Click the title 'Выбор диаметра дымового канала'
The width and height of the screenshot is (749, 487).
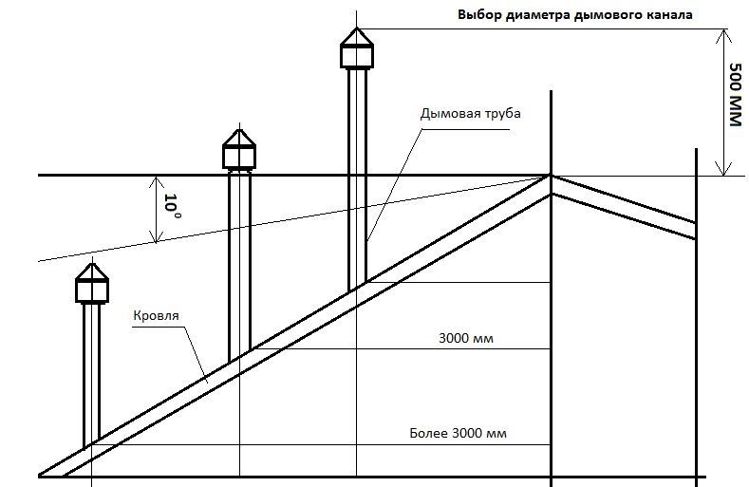coord(575,15)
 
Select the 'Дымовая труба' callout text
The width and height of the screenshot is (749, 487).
coord(471,112)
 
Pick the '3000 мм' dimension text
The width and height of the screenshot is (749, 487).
coord(469,338)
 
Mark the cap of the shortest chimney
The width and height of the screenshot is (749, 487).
coord(92,282)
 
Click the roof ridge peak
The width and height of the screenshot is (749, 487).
coord(551,177)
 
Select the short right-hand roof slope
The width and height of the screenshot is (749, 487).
coord(627,210)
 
